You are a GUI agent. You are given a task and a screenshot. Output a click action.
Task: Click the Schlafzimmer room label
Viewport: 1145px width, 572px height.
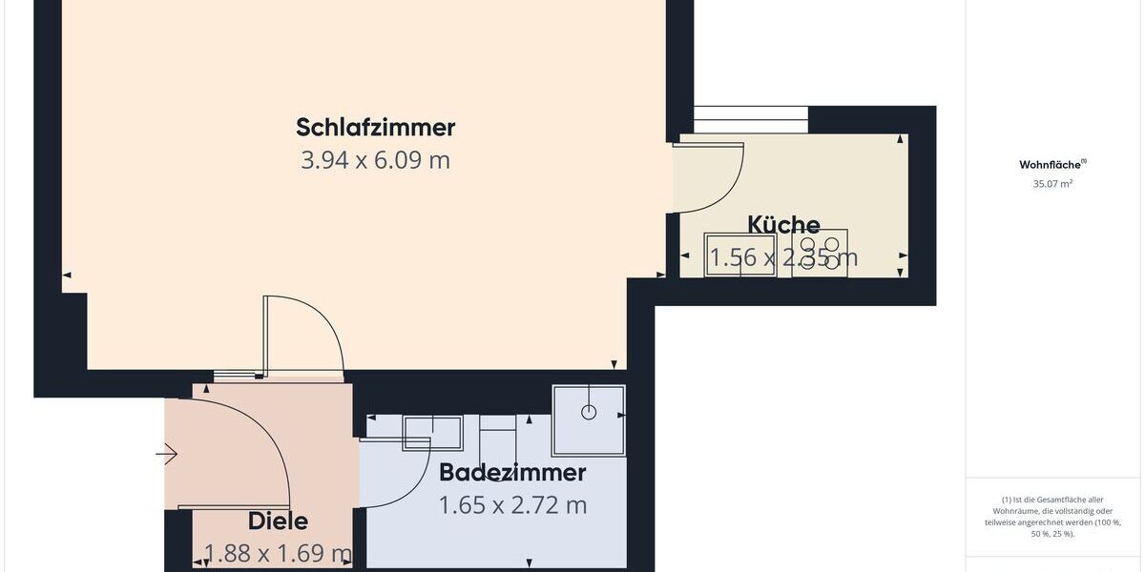pos(375,127)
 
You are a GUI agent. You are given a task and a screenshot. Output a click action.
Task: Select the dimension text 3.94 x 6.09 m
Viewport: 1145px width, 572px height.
pos(375,160)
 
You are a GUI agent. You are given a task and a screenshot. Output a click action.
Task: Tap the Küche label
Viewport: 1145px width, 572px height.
pos(783,225)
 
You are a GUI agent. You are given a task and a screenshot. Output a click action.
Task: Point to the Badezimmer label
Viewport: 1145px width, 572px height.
pos(511,472)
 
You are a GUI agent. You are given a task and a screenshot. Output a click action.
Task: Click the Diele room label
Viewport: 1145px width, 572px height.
pos(278,521)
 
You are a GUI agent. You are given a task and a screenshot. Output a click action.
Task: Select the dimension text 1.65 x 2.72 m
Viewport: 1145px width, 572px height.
pos(511,505)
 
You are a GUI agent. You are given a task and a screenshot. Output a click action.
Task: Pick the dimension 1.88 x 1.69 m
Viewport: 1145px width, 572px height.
pos(278,553)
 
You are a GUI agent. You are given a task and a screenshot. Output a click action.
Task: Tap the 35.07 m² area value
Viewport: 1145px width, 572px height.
pos(1052,184)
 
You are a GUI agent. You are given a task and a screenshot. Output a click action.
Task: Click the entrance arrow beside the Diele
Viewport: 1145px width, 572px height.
pos(167,455)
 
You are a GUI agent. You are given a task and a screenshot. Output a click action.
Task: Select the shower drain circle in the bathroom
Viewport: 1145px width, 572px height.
pos(589,412)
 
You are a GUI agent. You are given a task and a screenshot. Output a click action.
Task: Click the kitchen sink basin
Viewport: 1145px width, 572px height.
pos(740,254)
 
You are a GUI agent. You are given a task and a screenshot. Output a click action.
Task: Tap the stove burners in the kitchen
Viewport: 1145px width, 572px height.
pos(820,254)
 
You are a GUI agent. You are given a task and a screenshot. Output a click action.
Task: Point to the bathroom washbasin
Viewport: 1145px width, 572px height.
pos(432,432)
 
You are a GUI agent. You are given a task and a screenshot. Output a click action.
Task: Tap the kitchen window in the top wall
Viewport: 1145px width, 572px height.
pos(750,120)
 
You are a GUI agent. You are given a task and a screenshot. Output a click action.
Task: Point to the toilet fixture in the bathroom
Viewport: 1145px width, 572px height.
pos(496,435)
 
